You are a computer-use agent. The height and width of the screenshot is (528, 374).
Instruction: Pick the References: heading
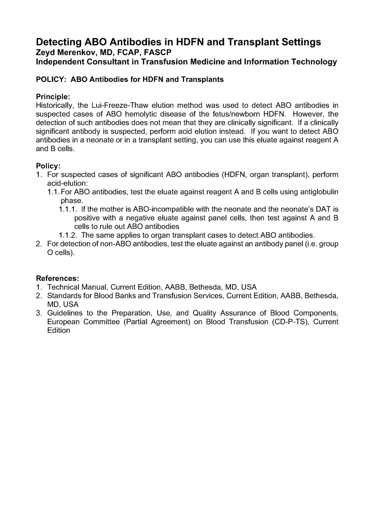pyautogui.click(x=57, y=278)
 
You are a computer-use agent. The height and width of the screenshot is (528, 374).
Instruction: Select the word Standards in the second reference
pyautogui.click(x=65, y=296)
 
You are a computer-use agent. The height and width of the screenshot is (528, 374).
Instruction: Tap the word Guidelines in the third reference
pyautogui.click(x=66, y=313)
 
